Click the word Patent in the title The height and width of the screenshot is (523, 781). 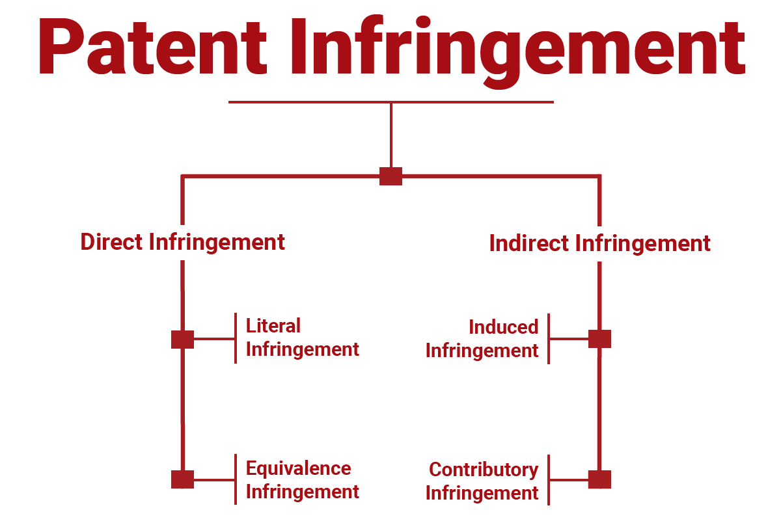click(151, 47)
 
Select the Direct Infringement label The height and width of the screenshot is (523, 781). click(182, 242)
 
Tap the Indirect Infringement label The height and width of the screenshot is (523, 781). click(599, 244)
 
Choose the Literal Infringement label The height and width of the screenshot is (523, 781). click(302, 338)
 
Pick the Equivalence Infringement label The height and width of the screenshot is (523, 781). click(302, 479)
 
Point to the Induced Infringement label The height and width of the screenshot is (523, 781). click(482, 339)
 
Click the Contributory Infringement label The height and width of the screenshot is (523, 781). click(482, 481)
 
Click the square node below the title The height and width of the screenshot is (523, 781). click(390, 176)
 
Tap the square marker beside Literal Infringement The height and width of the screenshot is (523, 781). click(182, 339)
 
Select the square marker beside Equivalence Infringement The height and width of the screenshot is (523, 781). click(182, 479)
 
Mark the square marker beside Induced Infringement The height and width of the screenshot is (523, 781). click(599, 339)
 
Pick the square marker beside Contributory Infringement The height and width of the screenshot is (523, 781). click(599, 479)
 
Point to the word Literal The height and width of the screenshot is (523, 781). click(273, 326)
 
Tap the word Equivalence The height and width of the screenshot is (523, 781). click(298, 468)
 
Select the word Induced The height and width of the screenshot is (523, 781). click(503, 327)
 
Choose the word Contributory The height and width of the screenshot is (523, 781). click(484, 470)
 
